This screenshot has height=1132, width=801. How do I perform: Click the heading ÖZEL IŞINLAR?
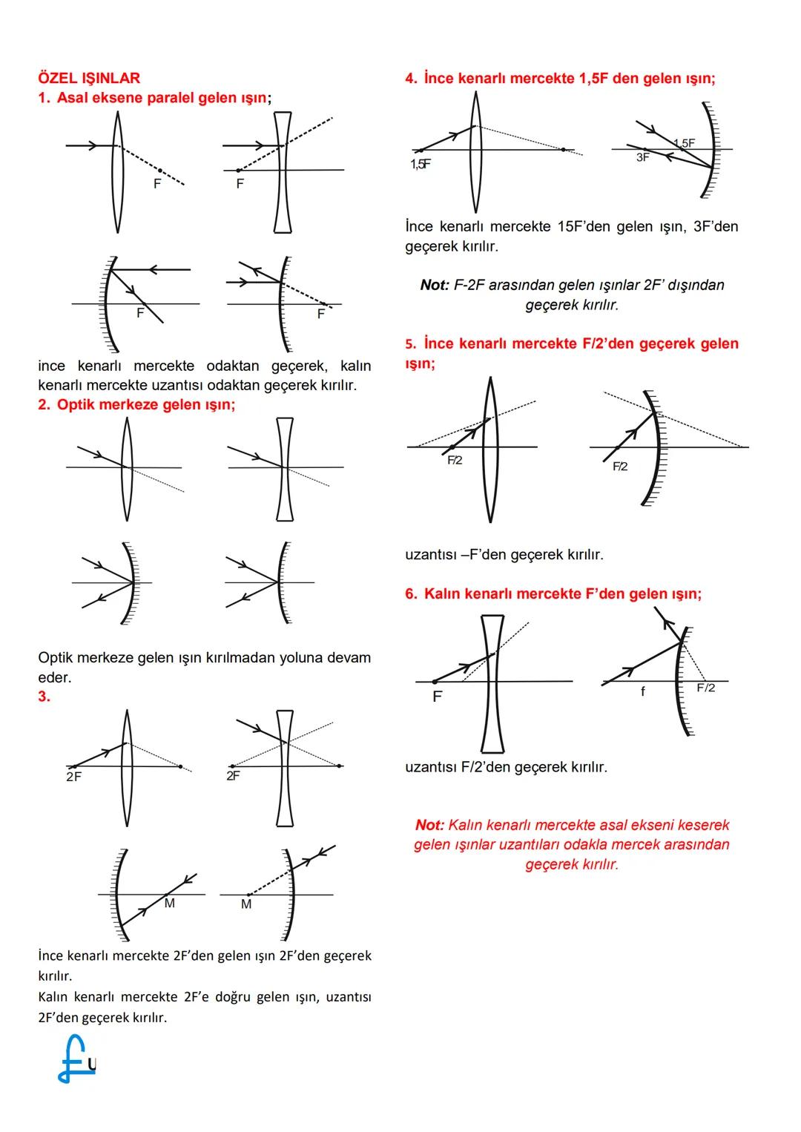click(89, 78)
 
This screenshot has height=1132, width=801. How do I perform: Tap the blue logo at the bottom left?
click(76, 1059)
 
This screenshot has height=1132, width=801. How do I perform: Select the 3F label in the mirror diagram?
click(642, 158)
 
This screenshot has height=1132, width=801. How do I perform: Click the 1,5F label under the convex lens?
click(421, 164)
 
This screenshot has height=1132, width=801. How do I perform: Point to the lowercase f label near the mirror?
click(643, 691)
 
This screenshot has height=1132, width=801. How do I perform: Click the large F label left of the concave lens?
click(437, 697)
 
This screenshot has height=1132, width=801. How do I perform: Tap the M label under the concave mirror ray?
click(170, 903)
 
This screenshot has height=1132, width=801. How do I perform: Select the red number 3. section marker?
click(44, 696)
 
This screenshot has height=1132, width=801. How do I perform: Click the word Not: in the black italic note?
click(435, 285)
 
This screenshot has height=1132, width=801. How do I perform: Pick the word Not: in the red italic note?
click(430, 825)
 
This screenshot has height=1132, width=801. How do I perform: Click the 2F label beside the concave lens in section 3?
click(233, 776)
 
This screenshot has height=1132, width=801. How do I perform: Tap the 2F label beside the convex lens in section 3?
click(73, 777)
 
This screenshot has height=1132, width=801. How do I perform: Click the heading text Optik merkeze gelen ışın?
click(145, 404)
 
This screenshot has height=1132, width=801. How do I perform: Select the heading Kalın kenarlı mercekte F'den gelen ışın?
click(562, 593)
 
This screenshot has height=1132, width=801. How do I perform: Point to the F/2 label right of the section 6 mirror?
click(706, 688)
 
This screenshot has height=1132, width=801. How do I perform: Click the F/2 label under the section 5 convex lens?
click(455, 460)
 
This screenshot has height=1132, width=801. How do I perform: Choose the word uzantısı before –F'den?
click(430, 554)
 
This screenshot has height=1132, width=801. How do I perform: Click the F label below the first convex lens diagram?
click(157, 183)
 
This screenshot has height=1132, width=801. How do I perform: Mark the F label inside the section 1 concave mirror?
click(140, 313)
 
